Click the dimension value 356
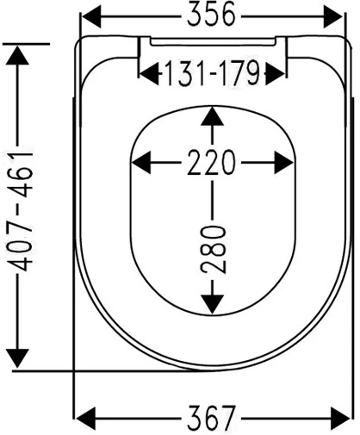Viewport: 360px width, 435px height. (211, 16)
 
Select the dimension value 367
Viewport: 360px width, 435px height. (212, 418)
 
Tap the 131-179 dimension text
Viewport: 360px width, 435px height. (212, 73)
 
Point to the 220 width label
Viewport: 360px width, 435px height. (211, 163)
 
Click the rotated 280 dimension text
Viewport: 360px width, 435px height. (213, 249)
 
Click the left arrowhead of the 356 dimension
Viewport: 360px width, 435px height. (91, 16)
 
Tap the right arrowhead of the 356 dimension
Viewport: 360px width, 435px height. (332, 16)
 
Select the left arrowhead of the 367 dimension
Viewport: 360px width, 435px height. (85, 419)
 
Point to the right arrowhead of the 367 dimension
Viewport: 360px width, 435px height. (340, 419)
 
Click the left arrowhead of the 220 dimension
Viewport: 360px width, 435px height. (141, 163)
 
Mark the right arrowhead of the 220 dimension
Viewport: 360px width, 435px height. (284, 163)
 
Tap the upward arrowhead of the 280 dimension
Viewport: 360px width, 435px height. (212, 116)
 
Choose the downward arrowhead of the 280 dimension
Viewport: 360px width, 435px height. (212, 304)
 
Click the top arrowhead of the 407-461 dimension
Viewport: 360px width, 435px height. (17, 55)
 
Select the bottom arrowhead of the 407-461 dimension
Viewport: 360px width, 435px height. (17, 358)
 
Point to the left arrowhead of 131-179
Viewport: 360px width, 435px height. (149, 74)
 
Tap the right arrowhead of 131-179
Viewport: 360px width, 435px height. (275, 74)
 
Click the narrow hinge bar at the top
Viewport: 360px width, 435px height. (213, 41)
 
